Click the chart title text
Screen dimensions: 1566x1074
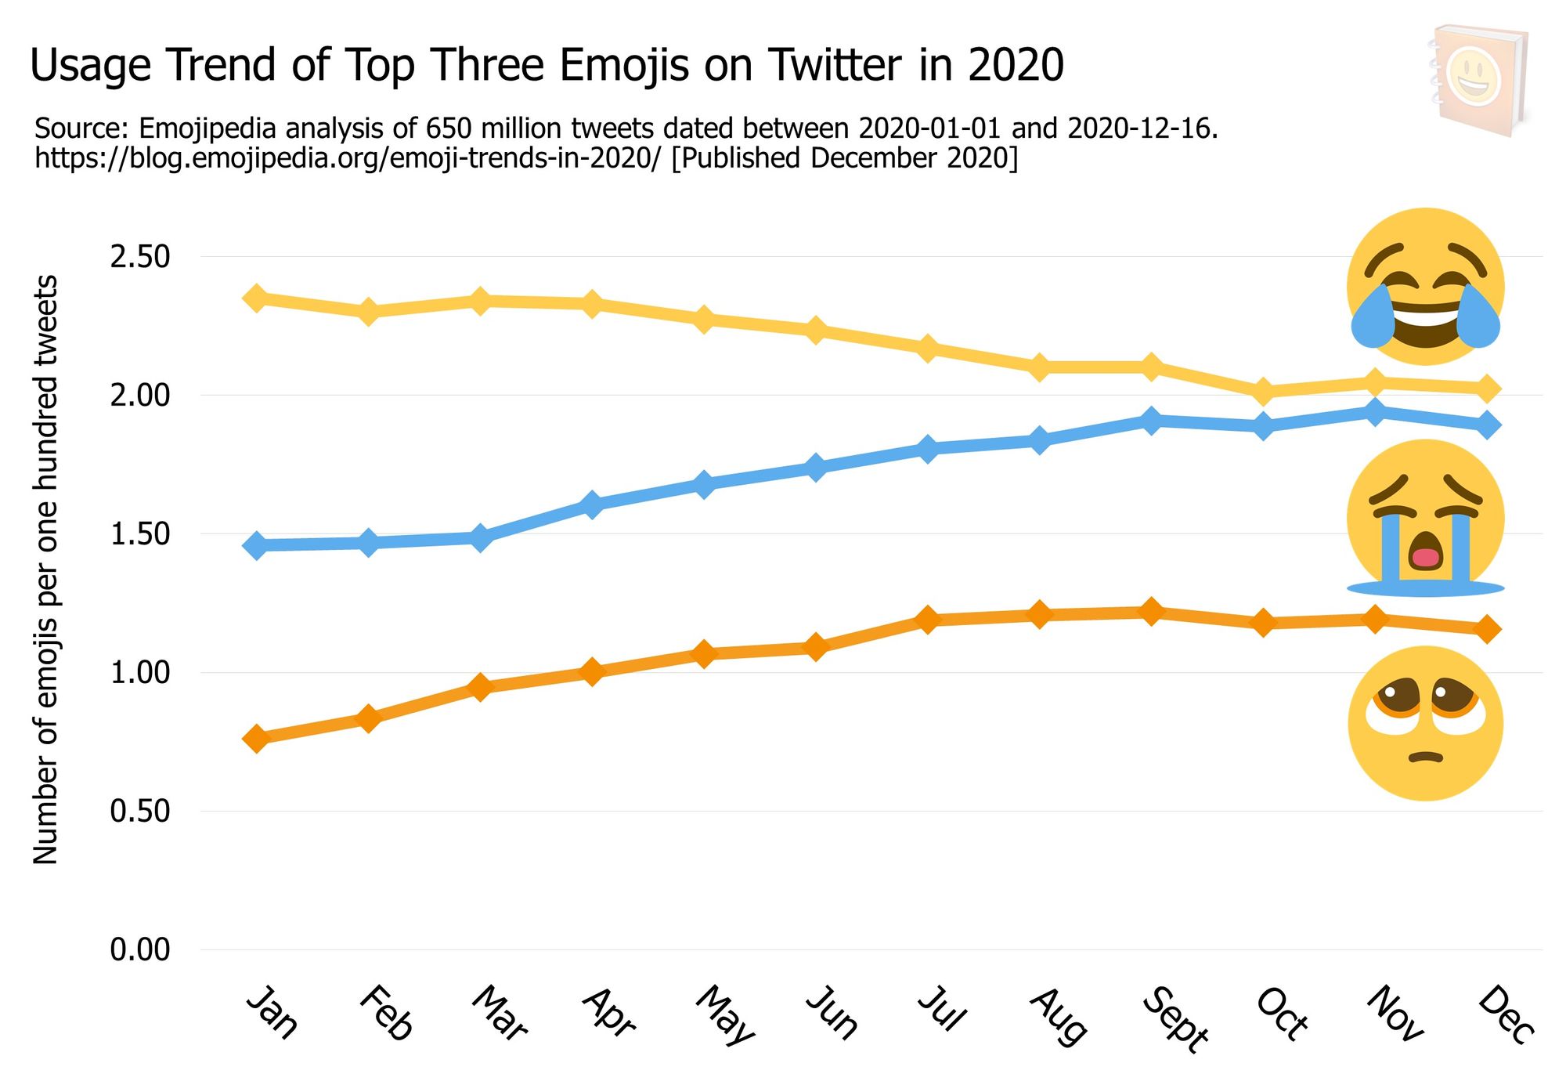coord(547,65)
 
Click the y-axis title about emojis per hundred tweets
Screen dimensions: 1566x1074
coord(46,570)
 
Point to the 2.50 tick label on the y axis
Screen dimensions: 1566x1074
coord(140,257)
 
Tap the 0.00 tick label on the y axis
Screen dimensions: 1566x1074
coord(140,949)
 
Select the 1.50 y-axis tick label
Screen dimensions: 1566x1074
coord(140,534)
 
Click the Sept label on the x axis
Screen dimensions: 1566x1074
coord(1175,1019)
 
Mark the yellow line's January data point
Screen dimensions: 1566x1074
coord(256,298)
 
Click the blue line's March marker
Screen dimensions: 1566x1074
coord(480,537)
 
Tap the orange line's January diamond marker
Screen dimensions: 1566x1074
coord(256,739)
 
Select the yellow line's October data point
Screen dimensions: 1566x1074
coord(1263,391)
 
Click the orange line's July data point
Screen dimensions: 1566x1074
coord(928,620)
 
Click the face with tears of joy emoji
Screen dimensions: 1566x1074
coord(1425,286)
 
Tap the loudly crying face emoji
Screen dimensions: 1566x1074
coord(1425,518)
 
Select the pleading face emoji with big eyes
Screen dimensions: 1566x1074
coord(1425,723)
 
